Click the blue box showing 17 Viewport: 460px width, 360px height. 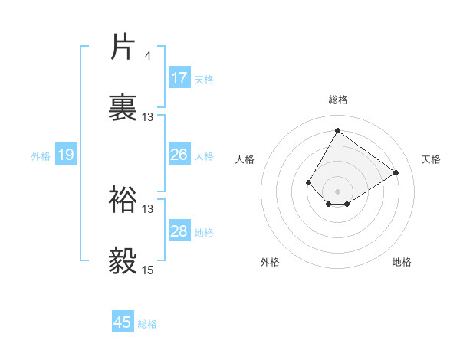(x=179, y=78)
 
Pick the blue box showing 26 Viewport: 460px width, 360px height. (x=179, y=155)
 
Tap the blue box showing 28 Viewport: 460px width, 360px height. (x=179, y=231)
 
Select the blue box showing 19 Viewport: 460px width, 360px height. (x=66, y=155)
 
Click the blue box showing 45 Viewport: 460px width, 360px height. (x=123, y=322)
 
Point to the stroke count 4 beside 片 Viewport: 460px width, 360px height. (x=147, y=55)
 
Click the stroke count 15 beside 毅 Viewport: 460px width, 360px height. (x=148, y=270)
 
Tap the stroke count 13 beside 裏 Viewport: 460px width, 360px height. (x=148, y=116)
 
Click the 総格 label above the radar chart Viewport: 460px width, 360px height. (x=337, y=100)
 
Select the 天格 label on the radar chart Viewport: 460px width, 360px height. (x=431, y=159)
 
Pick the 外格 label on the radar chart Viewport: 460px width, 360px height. (x=270, y=262)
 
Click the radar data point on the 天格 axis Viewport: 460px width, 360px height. (x=396, y=172)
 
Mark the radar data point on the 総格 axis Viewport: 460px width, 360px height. (x=337, y=130)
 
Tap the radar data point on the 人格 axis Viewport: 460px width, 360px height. (x=309, y=182)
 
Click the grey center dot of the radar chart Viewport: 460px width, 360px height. (x=337, y=191)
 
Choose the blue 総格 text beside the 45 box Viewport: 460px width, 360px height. (x=147, y=324)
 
